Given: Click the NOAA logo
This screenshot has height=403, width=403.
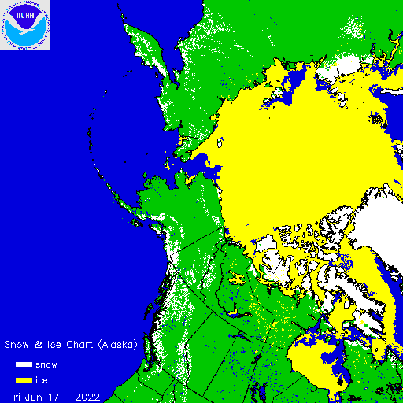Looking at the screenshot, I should click(25, 25).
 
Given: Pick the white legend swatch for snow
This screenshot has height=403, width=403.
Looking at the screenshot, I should click(24, 365).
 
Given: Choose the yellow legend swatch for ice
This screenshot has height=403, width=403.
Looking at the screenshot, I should click(24, 379).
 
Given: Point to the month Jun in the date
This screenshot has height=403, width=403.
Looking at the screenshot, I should click(38, 394).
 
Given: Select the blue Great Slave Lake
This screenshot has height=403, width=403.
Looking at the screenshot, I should click(234, 312).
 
